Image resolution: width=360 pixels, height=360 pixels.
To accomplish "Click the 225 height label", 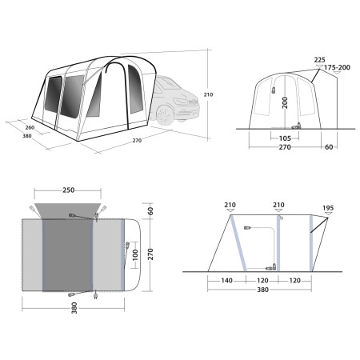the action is [319, 60].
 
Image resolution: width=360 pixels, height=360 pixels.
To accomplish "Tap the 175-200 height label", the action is [337, 67].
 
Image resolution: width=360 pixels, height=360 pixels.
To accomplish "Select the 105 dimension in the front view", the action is [285, 138].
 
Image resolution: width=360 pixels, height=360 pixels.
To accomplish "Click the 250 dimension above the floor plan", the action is [69, 190].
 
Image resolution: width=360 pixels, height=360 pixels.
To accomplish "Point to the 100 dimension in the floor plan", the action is [135, 255].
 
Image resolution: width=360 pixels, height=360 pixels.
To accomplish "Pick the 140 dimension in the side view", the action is [226, 280].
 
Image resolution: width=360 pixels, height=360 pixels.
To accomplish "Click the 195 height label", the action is [328, 208].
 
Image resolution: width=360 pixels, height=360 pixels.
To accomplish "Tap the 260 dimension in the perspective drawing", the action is [30, 127].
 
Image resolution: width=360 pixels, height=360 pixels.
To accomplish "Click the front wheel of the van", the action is [165, 115].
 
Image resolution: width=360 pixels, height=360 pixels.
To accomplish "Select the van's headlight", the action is [181, 102].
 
